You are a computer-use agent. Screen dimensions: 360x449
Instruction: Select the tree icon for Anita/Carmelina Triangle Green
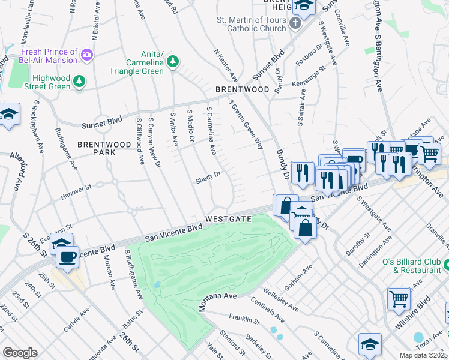pyautogui.click(x=173, y=62)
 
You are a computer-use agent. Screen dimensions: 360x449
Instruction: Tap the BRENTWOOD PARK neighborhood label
pyautogui.click(x=104, y=149)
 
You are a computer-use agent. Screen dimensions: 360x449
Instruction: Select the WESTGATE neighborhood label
pyautogui.click(x=228, y=219)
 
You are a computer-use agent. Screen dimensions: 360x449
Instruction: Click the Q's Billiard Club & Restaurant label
pyautogui.click(x=409, y=266)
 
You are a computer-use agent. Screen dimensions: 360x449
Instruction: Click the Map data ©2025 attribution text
pyautogui.click(x=423, y=355)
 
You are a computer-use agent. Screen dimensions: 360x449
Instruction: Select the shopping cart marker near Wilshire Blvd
pyautogui.click(x=398, y=297)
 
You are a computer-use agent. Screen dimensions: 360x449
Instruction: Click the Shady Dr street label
pyautogui.click(x=208, y=179)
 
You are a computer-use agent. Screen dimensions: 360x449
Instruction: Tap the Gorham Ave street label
pyautogui.click(x=299, y=279)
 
